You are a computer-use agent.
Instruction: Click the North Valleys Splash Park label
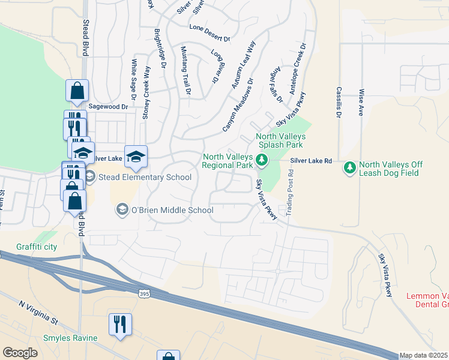click(281, 140)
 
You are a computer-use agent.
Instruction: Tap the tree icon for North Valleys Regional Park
click(261, 160)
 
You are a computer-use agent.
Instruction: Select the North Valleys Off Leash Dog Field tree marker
click(350, 167)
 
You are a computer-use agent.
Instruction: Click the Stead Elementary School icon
click(90, 176)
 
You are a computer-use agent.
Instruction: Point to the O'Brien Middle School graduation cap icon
click(122, 209)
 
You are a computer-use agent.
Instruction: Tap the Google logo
click(20, 353)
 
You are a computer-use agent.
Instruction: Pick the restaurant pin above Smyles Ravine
click(120, 325)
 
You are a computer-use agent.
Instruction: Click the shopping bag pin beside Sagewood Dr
click(77, 92)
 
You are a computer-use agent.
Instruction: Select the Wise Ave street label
click(361, 103)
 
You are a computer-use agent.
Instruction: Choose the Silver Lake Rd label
click(312, 161)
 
